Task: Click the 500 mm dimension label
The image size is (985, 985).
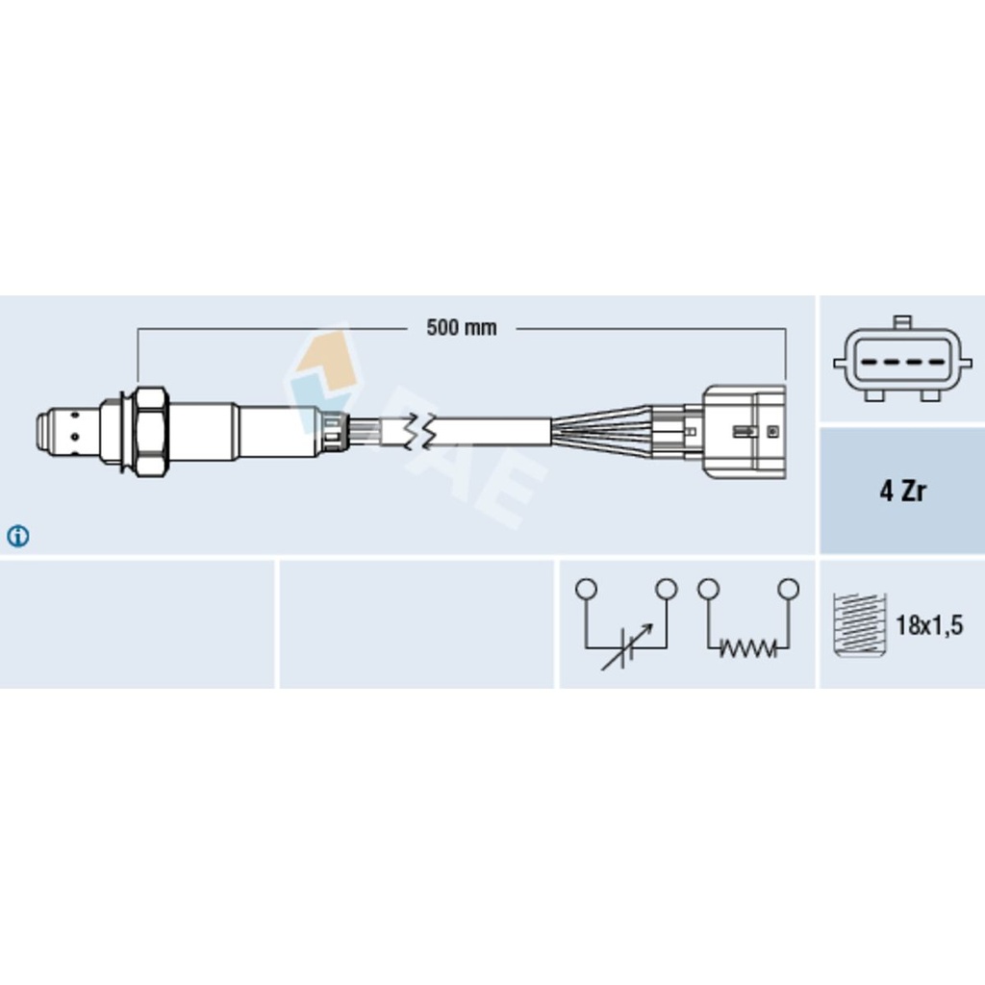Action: click(x=461, y=327)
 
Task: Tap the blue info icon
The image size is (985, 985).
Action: click(x=17, y=536)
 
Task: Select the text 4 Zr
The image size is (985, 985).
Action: click(x=902, y=491)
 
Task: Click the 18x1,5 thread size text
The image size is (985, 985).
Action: click(x=928, y=625)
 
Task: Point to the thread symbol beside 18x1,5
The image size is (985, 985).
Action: click(x=859, y=625)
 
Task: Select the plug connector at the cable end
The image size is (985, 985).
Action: click(x=744, y=432)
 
